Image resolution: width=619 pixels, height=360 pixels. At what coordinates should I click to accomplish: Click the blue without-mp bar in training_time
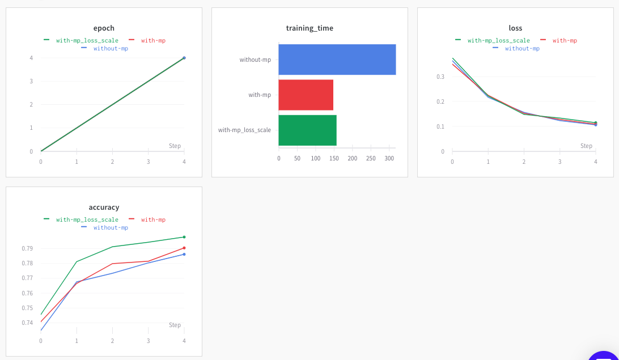(x=337, y=60)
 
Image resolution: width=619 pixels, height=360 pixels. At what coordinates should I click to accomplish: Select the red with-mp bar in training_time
(x=306, y=95)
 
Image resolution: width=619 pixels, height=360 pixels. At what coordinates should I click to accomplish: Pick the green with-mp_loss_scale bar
(x=307, y=130)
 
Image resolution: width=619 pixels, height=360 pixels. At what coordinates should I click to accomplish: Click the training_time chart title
(x=309, y=28)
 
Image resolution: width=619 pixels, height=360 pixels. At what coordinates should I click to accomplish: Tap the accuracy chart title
(x=104, y=207)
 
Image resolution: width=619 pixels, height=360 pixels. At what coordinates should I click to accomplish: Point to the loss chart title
(x=515, y=28)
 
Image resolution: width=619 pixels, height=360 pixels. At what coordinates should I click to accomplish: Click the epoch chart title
(x=104, y=28)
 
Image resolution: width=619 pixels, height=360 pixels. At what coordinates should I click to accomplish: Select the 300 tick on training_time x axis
(x=389, y=158)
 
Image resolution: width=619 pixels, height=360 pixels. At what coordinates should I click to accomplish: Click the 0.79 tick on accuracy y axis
(x=27, y=248)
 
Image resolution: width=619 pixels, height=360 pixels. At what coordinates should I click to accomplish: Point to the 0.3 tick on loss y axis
(x=440, y=77)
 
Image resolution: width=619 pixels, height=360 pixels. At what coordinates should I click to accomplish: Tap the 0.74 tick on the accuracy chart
(x=27, y=323)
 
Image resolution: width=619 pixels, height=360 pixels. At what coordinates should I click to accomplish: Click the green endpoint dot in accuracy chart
(x=184, y=237)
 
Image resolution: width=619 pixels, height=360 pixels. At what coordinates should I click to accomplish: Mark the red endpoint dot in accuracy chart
(x=184, y=248)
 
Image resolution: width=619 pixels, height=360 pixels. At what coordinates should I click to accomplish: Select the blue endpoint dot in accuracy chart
(x=184, y=254)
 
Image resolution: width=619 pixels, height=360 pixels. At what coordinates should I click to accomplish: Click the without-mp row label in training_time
(x=255, y=60)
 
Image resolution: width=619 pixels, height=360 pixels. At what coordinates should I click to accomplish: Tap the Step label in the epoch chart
(x=175, y=146)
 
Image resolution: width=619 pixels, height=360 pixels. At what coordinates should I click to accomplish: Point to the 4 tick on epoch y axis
(x=31, y=58)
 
